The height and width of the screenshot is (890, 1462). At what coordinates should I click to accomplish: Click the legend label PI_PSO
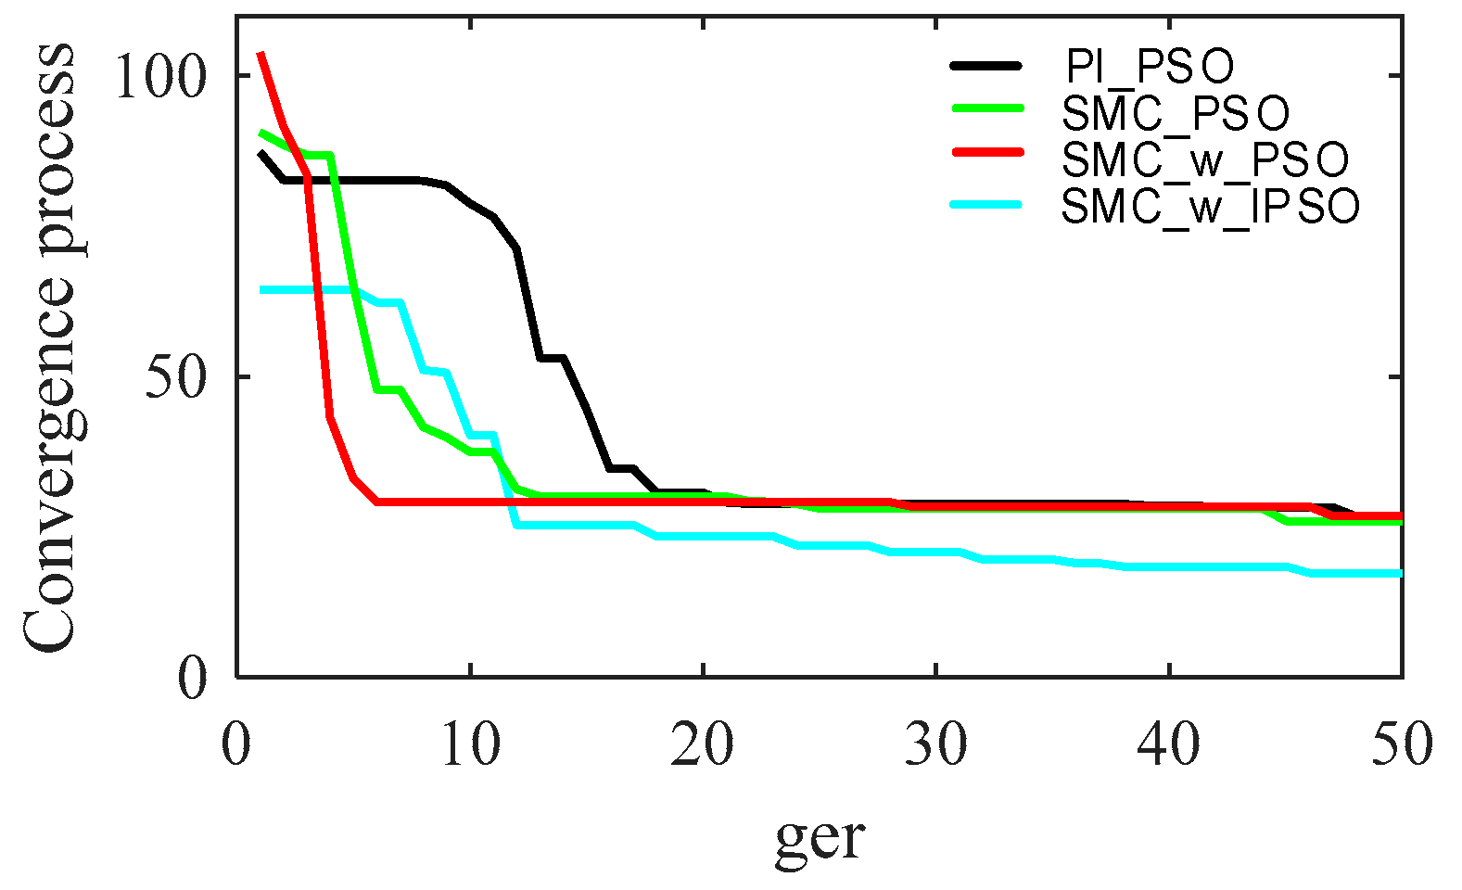[x=1148, y=67]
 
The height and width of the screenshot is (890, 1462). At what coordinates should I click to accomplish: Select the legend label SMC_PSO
[x=1176, y=114]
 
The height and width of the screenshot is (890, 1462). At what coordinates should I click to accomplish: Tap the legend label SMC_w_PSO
[x=1204, y=160]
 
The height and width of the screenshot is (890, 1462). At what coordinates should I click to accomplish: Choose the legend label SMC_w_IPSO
[x=1210, y=206]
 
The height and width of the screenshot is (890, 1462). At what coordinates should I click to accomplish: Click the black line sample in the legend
[x=986, y=66]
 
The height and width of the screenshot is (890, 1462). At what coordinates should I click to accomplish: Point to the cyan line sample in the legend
[x=986, y=204]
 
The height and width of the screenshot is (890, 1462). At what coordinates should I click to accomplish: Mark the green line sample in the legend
[x=986, y=108]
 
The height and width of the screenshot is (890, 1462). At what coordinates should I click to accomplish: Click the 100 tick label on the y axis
[x=158, y=76]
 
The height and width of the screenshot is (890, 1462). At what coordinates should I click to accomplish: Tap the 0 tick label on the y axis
[x=191, y=679]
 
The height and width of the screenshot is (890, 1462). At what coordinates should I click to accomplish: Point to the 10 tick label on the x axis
[x=471, y=744]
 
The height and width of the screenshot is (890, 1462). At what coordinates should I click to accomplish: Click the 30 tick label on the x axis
[x=936, y=744]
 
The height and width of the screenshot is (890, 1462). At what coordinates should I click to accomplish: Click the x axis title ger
[x=820, y=839]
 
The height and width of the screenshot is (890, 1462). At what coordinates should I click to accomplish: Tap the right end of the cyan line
[x=1400, y=574]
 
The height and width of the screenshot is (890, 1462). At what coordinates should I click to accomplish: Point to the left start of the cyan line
[x=262, y=290]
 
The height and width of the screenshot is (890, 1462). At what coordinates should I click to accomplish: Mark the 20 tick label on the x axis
[x=704, y=744]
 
